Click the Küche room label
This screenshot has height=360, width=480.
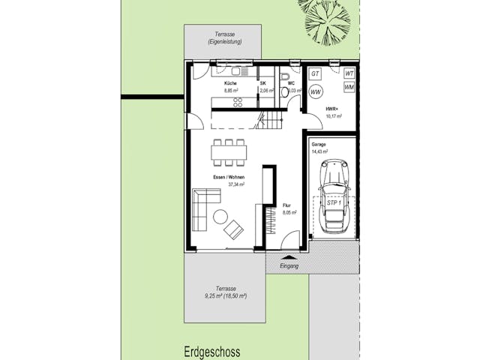pos(230,83)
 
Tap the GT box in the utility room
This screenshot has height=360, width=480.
pos(316,74)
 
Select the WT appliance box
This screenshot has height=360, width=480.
pos(349,73)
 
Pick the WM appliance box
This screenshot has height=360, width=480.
pos(349,87)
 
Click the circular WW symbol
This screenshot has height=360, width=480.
pos(316,92)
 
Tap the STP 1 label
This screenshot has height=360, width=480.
pos(334,203)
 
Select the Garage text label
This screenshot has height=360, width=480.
pos(319,145)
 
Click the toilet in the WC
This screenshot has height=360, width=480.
pos(285,79)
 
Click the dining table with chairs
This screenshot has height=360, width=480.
pos(229,151)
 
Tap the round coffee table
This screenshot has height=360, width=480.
pos(220,217)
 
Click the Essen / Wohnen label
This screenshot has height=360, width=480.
pos(228,178)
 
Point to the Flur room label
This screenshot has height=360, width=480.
pos(286,205)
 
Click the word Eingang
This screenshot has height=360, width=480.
pos(289,266)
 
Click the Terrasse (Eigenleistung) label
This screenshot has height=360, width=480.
pos(224,38)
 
